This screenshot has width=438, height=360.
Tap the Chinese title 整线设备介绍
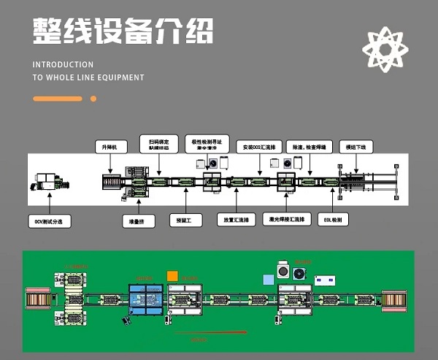click(123, 33)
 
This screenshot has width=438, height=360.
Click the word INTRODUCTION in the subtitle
click(63, 65)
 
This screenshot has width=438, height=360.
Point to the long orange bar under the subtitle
click(58, 99)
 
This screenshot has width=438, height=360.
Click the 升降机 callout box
click(111, 147)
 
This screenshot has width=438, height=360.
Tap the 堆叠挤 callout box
click(137, 218)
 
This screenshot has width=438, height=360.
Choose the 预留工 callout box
click(185, 218)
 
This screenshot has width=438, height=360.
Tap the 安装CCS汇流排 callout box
click(257, 147)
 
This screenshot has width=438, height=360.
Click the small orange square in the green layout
click(172, 276)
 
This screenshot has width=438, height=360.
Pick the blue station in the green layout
click(148, 301)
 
